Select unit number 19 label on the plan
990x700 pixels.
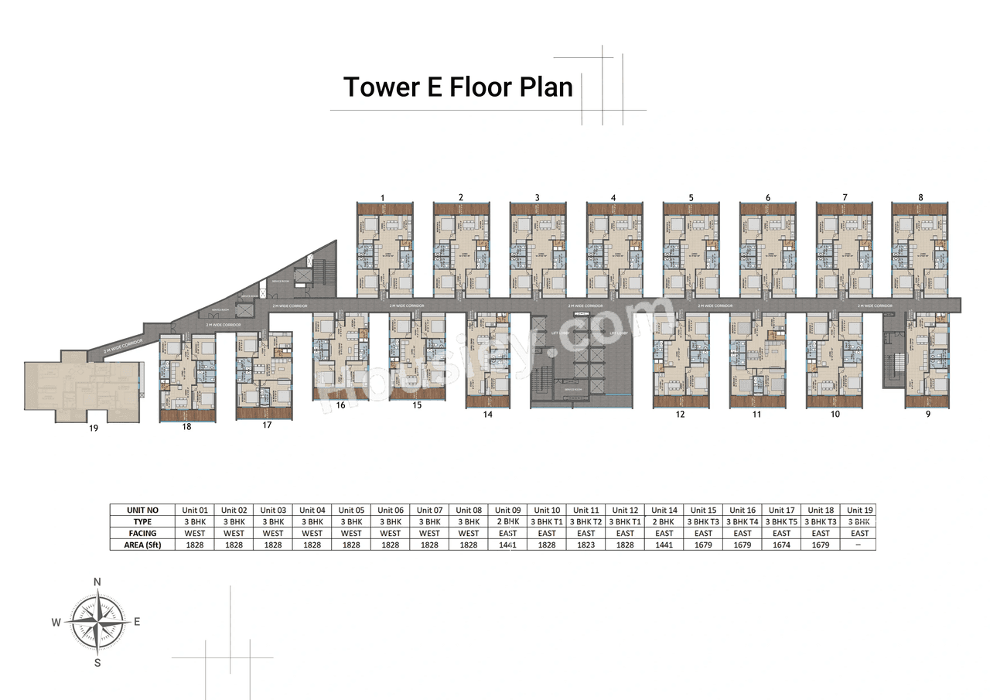pos(94,427)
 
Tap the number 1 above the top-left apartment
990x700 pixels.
pos(383,198)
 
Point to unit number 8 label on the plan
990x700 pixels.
pos(920,198)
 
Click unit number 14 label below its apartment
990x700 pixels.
pos(487,415)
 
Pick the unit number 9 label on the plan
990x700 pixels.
pos(927,415)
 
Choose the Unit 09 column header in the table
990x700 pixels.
pos(507,510)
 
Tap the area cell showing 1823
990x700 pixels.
pos(586,545)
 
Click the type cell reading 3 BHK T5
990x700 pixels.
pos(781,522)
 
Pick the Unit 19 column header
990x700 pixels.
pos(859,510)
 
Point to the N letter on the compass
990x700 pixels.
pos(97,582)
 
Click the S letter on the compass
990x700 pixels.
pos(97,662)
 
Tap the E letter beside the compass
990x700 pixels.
pos(137,621)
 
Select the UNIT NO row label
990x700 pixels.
pos(143,510)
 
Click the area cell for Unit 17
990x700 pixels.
pos(781,545)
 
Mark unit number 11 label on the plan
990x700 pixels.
pos(756,415)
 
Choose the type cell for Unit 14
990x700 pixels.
pos(664,522)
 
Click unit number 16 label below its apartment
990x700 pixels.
pos(340,405)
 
